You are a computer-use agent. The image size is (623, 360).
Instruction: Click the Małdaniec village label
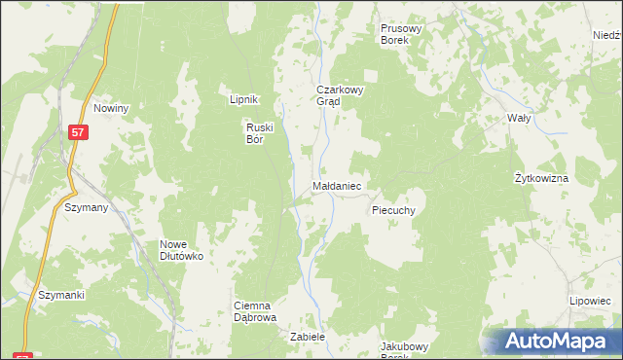click(338, 184)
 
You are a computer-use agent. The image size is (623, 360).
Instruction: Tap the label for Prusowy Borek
click(400, 35)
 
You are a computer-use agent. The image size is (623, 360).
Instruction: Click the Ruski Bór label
click(261, 132)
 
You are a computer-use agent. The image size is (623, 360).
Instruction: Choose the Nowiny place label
click(112, 108)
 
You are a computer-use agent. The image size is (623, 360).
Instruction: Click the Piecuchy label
click(394, 209)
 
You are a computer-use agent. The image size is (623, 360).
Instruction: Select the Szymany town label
click(86, 208)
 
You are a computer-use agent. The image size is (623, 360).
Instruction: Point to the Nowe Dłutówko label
click(181, 250)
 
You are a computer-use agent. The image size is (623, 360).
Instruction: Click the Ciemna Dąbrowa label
click(256, 311)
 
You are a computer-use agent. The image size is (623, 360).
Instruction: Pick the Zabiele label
click(307, 337)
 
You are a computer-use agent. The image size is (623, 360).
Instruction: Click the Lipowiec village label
click(589, 302)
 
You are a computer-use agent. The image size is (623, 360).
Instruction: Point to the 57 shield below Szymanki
click(23, 355)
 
